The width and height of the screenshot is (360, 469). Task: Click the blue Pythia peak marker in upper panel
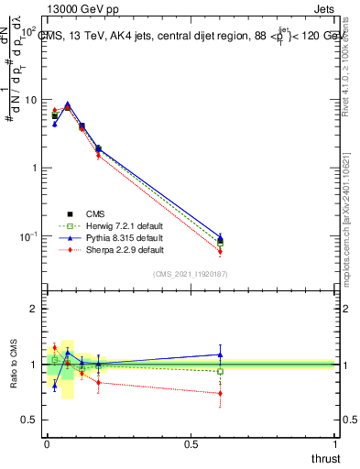pos(68,104)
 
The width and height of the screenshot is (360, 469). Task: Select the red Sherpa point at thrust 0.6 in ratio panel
pos(220,393)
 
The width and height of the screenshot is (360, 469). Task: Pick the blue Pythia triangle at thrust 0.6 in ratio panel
pos(220,354)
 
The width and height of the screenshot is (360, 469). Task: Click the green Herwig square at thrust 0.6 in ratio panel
pos(220,371)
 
